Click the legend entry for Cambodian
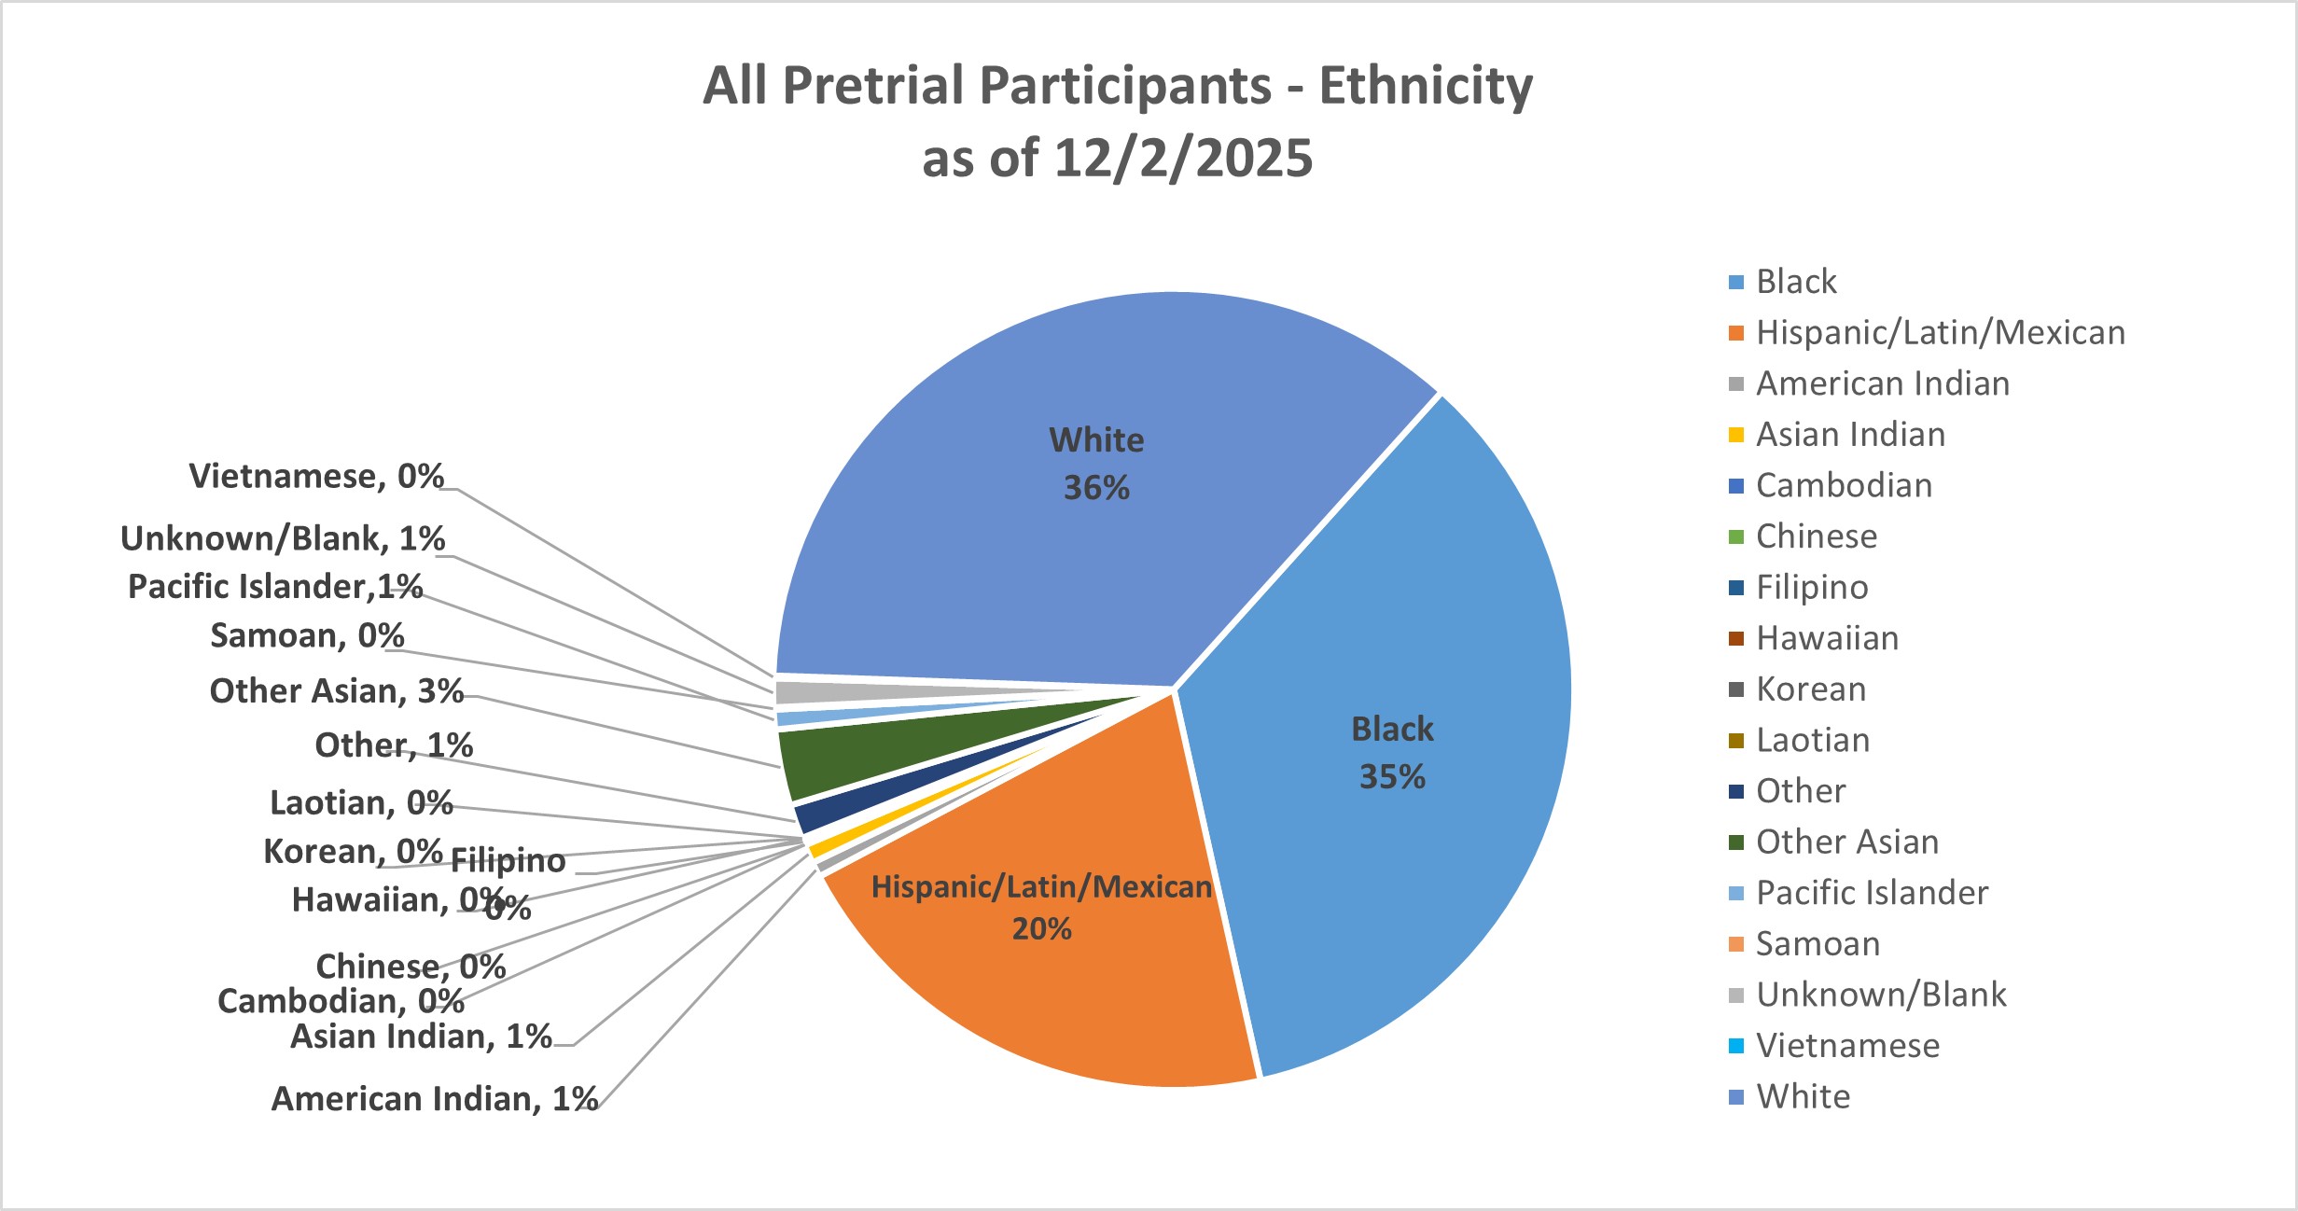[x=1843, y=486]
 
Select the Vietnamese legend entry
[x=1846, y=1046]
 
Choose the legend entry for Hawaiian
[x=1826, y=638]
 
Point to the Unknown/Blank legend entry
[x=1880, y=995]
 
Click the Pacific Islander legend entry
[x=1871, y=893]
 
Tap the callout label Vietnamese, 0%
[x=316, y=477]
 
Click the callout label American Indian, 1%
[x=435, y=1099]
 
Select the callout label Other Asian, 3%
[x=337, y=691]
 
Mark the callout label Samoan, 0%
[x=308, y=636]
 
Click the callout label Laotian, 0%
[x=361, y=803]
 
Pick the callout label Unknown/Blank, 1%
[x=283, y=539]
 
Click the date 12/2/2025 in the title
[x=1182, y=159]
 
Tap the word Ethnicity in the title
[x=1425, y=86]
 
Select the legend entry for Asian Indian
[x=1849, y=435]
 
